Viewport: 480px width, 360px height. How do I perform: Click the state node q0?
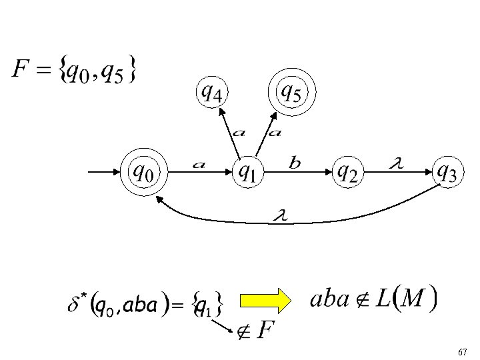[x=144, y=173]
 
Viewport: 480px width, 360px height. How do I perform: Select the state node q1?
[x=247, y=173]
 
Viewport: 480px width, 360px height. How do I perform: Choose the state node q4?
[x=212, y=93]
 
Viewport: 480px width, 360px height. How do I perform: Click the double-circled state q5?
[x=291, y=93]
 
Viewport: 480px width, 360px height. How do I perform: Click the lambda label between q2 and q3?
[x=396, y=161]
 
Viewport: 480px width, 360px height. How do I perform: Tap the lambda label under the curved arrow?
[x=280, y=215]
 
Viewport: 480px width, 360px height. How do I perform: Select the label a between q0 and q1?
[x=199, y=163]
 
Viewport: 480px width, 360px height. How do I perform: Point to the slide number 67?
[x=463, y=351]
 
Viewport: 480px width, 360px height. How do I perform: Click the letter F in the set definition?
[x=21, y=69]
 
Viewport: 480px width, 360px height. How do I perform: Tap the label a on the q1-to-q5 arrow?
[x=274, y=132]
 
